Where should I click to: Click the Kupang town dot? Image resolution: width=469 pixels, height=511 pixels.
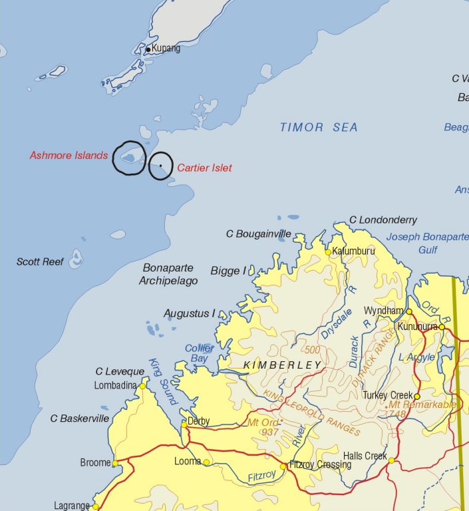point(148,49)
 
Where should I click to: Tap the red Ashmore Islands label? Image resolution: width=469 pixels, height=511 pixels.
point(69,156)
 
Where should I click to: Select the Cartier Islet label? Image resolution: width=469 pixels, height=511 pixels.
point(204,168)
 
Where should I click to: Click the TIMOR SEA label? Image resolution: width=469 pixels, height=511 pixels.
point(319,127)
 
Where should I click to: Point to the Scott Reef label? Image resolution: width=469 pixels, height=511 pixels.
point(40,262)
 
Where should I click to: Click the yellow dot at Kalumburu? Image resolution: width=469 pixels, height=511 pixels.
point(328,253)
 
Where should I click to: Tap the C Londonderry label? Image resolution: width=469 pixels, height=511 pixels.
point(383,220)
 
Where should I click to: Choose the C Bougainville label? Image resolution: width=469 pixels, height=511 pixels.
point(258,234)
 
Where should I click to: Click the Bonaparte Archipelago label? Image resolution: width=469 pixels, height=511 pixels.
point(168,275)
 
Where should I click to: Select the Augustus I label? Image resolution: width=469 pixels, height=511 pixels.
point(190,313)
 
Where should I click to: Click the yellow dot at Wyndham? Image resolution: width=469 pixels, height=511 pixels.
point(409,311)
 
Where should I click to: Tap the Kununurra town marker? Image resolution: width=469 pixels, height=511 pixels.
point(442,327)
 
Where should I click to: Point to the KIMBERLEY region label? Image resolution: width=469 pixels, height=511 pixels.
point(282,365)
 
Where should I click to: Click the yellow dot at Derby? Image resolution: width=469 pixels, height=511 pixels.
point(184,423)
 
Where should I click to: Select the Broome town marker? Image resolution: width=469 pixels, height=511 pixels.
point(115,464)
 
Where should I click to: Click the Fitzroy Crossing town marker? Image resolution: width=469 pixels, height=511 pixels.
point(283,466)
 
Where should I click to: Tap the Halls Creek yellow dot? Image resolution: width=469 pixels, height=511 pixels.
point(392,460)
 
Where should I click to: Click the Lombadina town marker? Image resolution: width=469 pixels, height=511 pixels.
point(142,386)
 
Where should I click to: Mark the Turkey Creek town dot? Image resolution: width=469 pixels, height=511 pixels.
point(417,396)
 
